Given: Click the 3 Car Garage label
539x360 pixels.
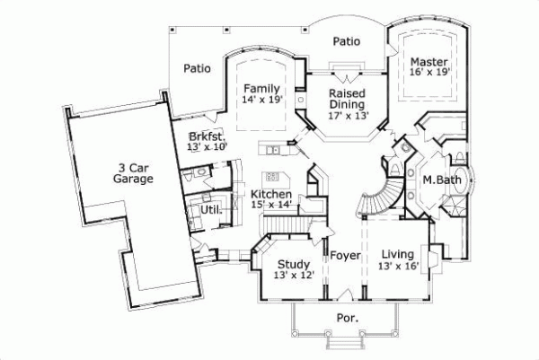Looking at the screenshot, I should [x=133, y=172].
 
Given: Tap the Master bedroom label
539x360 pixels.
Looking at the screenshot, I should [x=428, y=61].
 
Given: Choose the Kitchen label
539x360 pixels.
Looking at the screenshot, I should [x=271, y=194].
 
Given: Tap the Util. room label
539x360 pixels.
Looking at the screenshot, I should [x=211, y=209].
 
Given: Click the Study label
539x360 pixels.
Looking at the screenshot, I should [x=294, y=264].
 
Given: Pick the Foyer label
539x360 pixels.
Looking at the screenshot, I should [x=345, y=256].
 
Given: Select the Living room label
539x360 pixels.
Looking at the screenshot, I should [x=398, y=254].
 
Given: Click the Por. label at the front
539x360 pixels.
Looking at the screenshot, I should [x=348, y=318].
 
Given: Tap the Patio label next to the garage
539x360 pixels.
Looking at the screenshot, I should [x=197, y=67].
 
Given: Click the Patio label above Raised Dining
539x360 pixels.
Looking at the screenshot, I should [x=347, y=40].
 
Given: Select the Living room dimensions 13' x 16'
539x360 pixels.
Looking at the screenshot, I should [x=398, y=266].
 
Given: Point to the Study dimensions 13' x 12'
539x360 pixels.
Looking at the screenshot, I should [x=294, y=275].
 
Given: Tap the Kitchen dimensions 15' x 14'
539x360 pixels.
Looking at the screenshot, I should [x=271, y=205].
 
